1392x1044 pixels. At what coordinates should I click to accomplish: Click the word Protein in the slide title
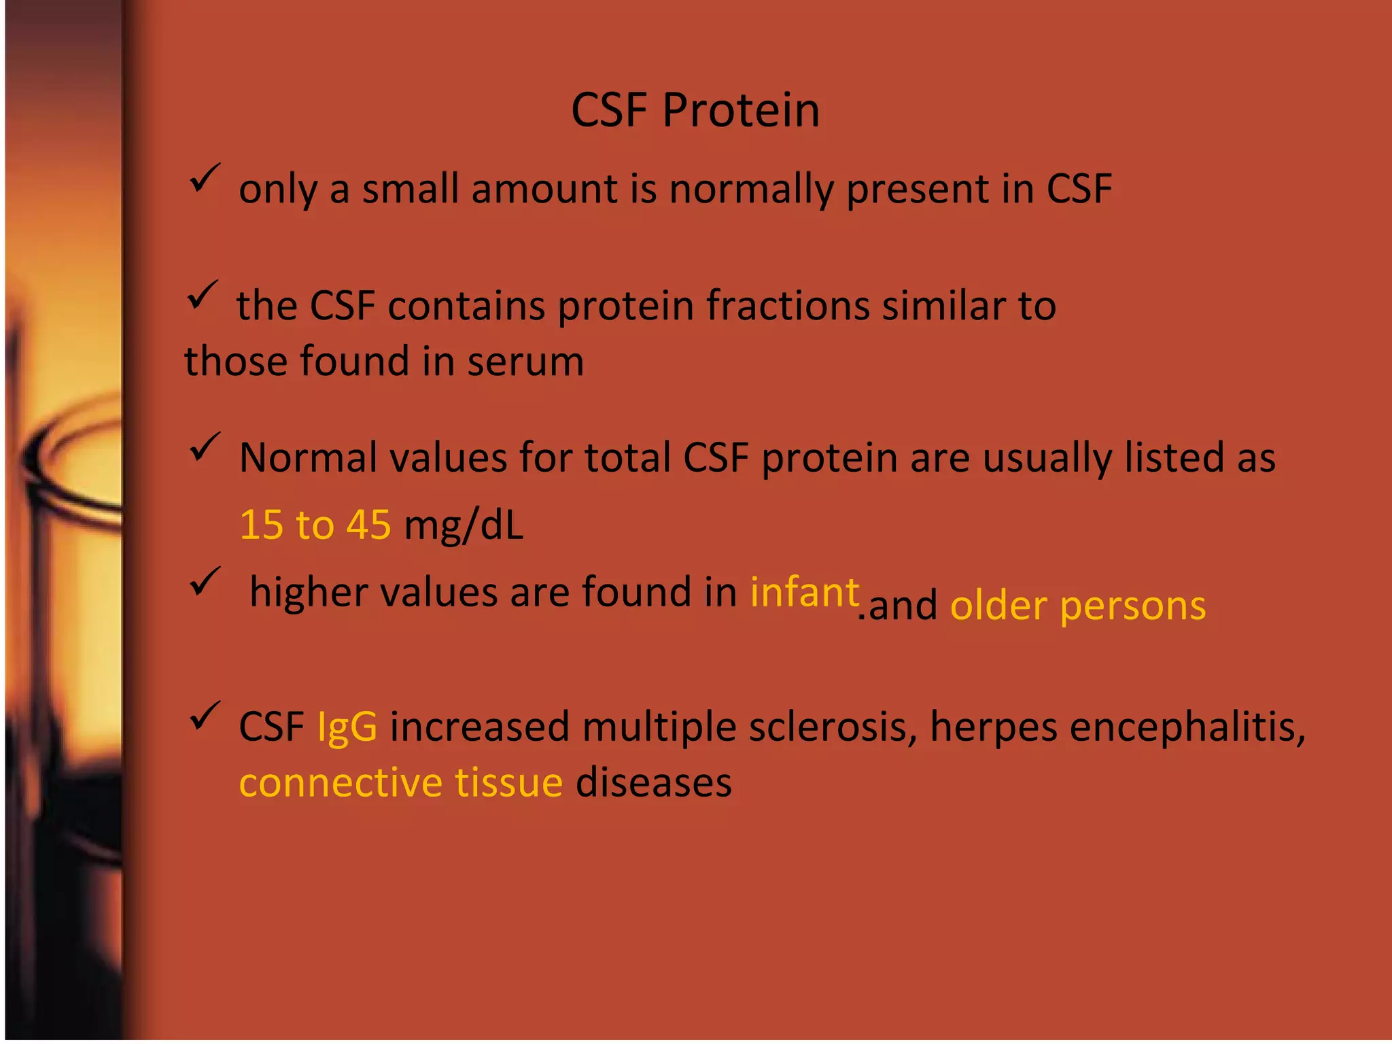741,110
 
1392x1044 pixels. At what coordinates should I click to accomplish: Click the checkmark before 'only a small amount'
204,179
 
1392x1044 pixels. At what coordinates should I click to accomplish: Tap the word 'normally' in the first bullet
751,190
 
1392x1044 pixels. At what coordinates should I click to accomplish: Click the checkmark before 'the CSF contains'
202,295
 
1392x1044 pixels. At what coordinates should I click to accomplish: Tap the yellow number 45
368,525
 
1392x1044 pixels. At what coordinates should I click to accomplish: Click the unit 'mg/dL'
464,526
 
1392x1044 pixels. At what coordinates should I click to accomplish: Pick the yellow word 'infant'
804,592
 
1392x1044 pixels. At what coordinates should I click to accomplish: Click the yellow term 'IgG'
347,727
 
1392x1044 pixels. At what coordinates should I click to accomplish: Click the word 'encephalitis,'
1187,727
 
